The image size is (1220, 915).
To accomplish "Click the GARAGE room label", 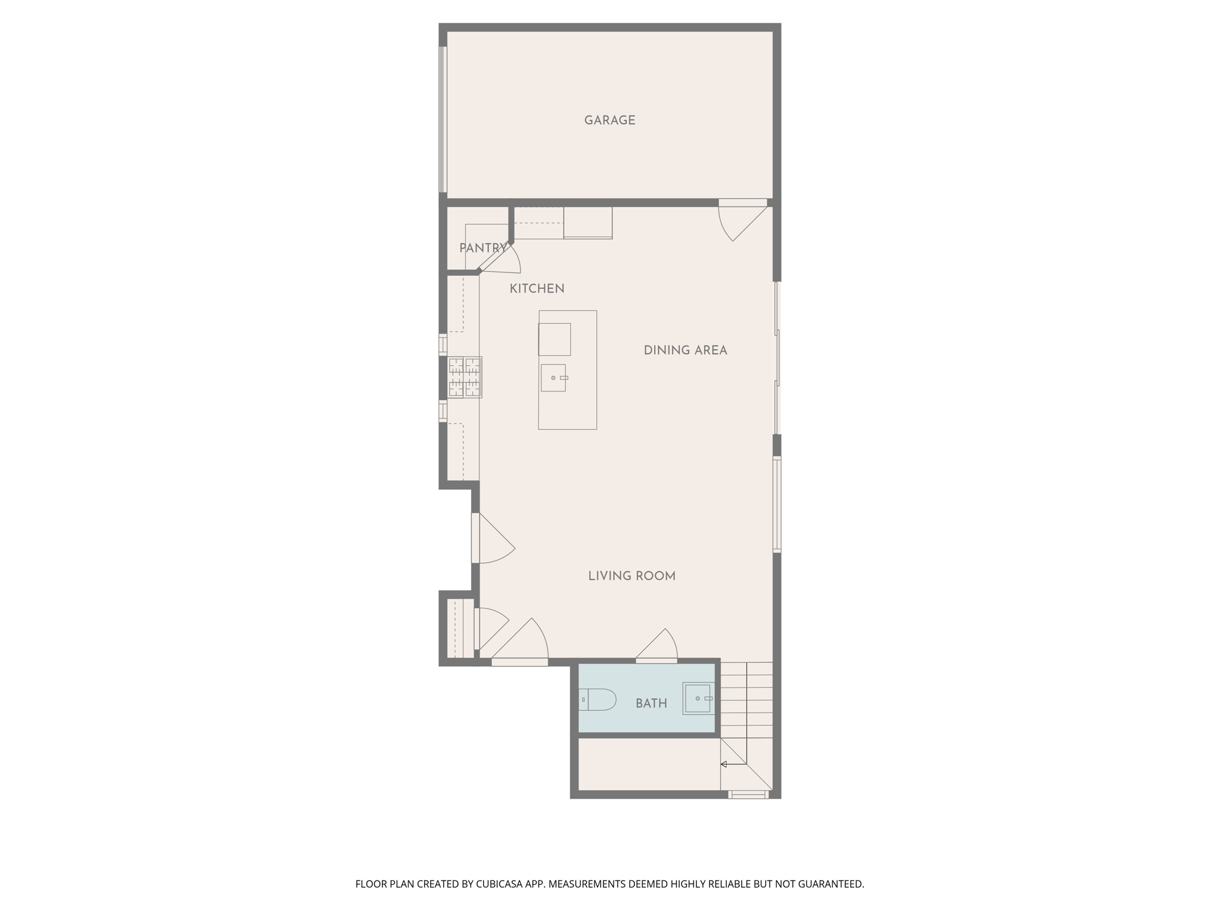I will pos(609,120).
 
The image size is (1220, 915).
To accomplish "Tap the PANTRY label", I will pos(483,248).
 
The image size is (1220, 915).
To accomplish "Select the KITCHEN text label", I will pos(537,288).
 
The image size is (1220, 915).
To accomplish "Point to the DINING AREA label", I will pos(685,350).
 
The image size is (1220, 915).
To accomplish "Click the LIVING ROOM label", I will pos(631,576).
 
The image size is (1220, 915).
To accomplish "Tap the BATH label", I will pos(651,704).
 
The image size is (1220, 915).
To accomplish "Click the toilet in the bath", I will pos(598,699).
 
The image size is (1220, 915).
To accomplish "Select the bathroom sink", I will pos(698,698).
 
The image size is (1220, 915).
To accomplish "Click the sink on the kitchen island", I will pos(553,378).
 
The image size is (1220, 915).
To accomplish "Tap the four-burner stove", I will pos(464,377).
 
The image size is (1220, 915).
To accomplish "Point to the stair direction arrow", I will pos(724,764).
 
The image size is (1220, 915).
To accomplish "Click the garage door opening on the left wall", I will pos(443,119).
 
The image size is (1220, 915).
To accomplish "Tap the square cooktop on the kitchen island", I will pos(555,340).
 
